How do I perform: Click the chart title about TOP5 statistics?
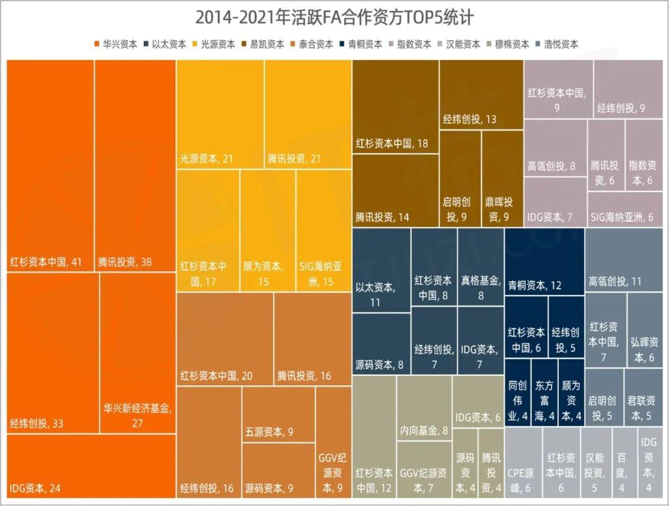(334, 17)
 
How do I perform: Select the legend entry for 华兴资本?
(116, 45)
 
